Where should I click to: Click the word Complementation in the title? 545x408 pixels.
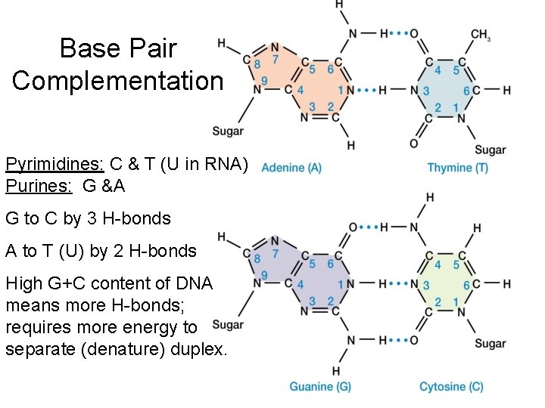(117, 80)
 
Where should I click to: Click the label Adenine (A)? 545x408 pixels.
(291, 168)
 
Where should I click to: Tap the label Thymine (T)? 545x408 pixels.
(457, 168)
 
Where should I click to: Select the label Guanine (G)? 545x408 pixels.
(320, 387)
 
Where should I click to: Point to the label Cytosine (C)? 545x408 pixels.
(451, 387)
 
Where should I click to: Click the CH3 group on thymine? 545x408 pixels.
(481, 35)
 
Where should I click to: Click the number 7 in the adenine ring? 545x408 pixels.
(276, 59)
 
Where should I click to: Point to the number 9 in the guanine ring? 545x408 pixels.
(263, 275)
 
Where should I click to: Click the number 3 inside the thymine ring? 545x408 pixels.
(426, 91)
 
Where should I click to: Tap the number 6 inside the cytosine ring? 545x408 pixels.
(467, 285)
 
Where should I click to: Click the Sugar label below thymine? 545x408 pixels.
(490, 150)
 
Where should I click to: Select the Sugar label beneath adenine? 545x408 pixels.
(228, 131)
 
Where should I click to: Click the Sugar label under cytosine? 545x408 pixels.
(490, 344)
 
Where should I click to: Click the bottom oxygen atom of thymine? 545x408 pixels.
(413, 143)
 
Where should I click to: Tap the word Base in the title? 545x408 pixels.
(85, 48)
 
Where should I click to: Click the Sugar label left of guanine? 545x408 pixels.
(228, 325)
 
